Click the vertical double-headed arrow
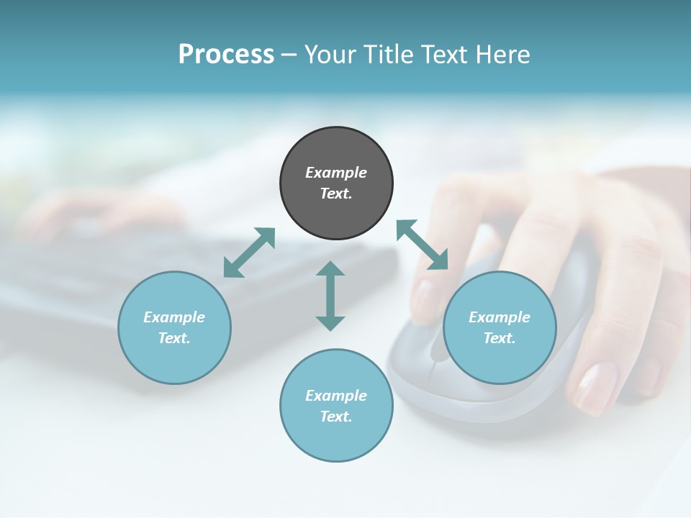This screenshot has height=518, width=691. pos(330,296)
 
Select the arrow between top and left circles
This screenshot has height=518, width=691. pos(249,253)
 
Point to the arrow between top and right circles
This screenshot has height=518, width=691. pos(422,245)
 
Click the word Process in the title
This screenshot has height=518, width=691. pos(226,54)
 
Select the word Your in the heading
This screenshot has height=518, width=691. pos(332,54)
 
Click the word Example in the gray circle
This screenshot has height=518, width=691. pos(336,173)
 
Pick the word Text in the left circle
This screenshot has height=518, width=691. pos(174,338)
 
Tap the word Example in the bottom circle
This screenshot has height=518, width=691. pos(336,395)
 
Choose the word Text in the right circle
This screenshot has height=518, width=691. pos(500,338)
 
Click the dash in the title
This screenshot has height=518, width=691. pos(289,54)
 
